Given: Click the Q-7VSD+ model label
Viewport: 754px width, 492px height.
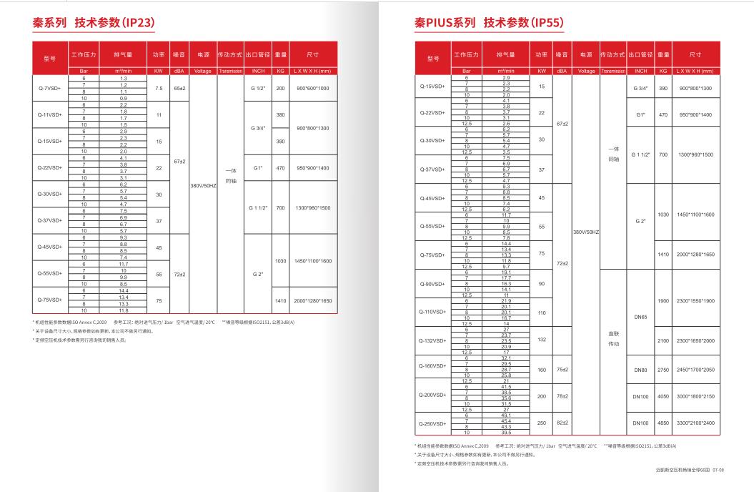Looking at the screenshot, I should coord(49,88).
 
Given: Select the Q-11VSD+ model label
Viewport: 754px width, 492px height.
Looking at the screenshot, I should coord(49,114).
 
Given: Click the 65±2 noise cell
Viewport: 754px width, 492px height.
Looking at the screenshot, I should coord(179,88).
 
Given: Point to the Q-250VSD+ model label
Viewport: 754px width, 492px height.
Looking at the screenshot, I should coord(432,423).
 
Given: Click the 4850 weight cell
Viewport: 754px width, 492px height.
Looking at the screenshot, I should coord(663,423).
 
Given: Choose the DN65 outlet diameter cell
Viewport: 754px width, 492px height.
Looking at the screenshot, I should coord(640,318).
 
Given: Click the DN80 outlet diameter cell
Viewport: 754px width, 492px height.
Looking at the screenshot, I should coord(640,370).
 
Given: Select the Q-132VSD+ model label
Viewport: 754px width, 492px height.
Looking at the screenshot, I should coord(432,340).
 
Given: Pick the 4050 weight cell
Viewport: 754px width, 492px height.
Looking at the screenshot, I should coord(663,396).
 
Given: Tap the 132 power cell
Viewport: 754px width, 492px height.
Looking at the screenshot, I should coord(542,340).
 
